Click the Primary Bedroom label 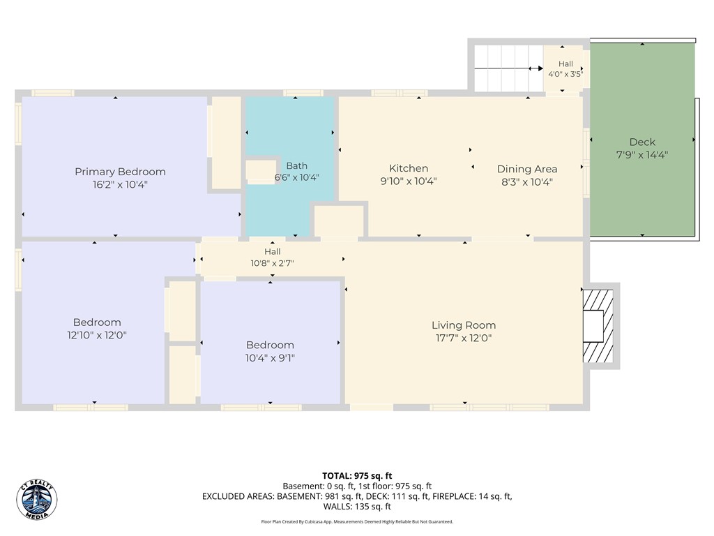pyautogui.click(x=120, y=172)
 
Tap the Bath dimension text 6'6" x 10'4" pyautogui.click(x=296, y=177)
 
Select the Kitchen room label pyautogui.click(x=409, y=168)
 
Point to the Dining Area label pyautogui.click(x=527, y=169)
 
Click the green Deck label pyautogui.click(x=642, y=142)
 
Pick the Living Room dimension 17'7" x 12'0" pyautogui.click(x=464, y=338)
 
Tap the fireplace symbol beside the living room pyautogui.click(x=598, y=327)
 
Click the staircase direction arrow pyautogui.click(x=508, y=69)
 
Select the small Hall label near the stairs pyautogui.click(x=565, y=64)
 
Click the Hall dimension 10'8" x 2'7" pyautogui.click(x=273, y=263)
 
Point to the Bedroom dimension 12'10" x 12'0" pyautogui.click(x=97, y=336)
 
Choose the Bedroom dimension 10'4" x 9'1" pyautogui.click(x=270, y=358)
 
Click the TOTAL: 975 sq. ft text pyautogui.click(x=357, y=476)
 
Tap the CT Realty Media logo pyautogui.click(x=37, y=500)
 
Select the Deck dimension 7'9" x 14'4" pyautogui.click(x=642, y=155)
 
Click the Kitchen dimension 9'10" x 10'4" pyautogui.click(x=409, y=181)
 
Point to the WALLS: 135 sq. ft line pyautogui.click(x=357, y=507)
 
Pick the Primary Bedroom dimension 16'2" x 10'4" pyautogui.click(x=120, y=185)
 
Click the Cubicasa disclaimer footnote pyautogui.click(x=357, y=522)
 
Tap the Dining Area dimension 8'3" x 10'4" pyautogui.click(x=527, y=182)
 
